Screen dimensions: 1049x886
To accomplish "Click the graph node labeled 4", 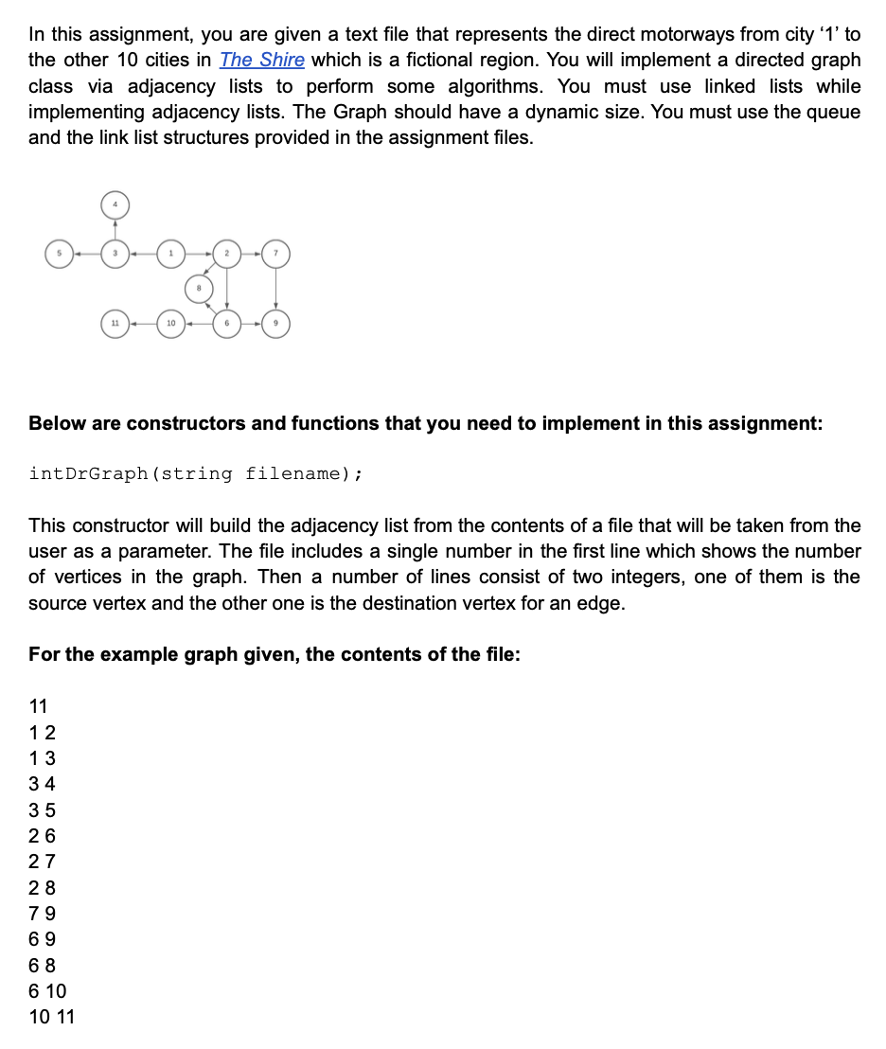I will point(115,204).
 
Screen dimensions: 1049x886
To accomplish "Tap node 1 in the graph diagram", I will point(170,253).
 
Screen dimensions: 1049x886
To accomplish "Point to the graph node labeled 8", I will point(199,288).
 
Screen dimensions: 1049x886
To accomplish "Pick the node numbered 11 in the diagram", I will point(115,324).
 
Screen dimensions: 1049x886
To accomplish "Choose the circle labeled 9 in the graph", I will point(275,324).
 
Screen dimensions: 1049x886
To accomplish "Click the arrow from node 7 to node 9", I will point(275,288).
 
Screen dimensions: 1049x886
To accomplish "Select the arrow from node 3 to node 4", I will point(115,229).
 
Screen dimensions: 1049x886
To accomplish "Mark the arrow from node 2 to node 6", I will point(227,288).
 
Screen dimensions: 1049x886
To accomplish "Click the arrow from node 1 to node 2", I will point(199,253).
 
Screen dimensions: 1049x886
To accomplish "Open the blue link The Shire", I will point(262,60).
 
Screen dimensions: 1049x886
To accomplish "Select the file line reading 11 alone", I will point(39,705).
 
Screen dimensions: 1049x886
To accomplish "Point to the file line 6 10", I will point(48,991).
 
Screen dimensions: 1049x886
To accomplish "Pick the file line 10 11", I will point(52,1018).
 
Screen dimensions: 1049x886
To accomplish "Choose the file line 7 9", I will point(43,914).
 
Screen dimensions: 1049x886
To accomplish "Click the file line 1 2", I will point(43,732).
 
